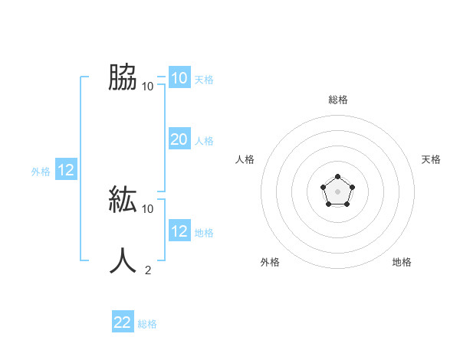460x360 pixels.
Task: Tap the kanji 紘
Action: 123,199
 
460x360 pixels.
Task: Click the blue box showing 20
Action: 179,139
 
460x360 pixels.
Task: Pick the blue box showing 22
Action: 123,322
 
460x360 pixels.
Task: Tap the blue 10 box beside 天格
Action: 179,78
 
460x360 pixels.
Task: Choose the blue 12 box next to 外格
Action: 66,171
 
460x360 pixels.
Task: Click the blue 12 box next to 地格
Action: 179,231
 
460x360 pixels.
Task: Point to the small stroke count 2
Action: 148,270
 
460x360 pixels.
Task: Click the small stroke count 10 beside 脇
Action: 148,86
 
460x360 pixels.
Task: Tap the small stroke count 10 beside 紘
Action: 148,208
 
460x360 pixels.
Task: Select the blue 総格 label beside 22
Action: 147,324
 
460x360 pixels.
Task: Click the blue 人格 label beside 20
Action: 204,141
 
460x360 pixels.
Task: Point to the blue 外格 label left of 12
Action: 41,172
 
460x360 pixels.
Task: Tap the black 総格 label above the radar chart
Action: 337,100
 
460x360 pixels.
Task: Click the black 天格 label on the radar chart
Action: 431,159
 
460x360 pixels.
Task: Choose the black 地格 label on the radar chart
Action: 402,262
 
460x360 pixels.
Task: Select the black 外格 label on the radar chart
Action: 270,262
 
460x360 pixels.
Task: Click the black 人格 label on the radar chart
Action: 245,159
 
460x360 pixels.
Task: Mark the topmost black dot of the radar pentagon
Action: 337,178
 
